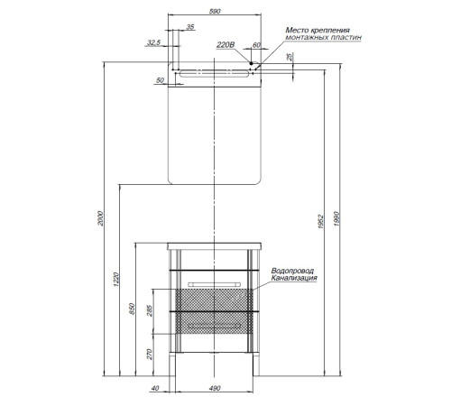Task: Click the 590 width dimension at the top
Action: point(215,11)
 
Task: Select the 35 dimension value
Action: point(190,27)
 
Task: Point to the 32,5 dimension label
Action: point(153,42)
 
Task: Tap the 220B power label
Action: point(225,45)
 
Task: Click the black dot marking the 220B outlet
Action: point(251,63)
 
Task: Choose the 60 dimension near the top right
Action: point(256,45)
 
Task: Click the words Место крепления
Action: point(318,30)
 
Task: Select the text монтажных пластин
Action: point(323,38)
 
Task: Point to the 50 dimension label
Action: point(161,80)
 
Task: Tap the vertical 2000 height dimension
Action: point(100,218)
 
